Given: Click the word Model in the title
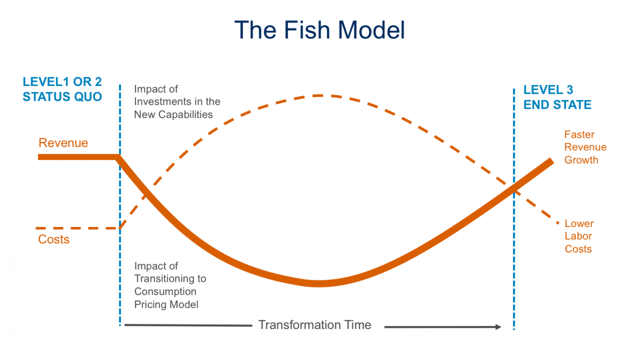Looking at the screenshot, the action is [371, 30].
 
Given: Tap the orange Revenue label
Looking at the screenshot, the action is [63, 143].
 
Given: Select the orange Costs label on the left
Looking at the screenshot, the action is [54, 239].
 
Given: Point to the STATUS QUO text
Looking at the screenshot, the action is [62, 97].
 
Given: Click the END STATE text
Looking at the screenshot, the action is [557, 104].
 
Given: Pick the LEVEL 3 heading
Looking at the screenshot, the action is [548, 90].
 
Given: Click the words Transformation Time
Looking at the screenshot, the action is [315, 325].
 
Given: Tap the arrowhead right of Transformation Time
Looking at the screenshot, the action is [498, 327].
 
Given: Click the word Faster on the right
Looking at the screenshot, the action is [579, 134].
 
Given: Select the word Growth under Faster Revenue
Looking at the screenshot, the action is [581, 160].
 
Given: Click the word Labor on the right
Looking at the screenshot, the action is [578, 236].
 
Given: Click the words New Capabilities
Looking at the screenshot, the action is [174, 114].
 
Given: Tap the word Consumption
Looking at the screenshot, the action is [165, 291].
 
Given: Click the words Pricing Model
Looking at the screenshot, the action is [166, 304].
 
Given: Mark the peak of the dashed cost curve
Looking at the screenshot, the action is [318, 96].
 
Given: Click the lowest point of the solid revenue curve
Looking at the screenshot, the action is [318, 283].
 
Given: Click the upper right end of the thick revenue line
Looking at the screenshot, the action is [552, 161].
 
